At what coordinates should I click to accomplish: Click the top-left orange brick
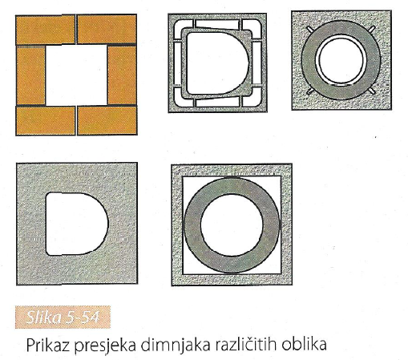tap(46, 30)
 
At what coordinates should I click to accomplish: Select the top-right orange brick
tap(107, 30)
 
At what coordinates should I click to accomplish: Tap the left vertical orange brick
tap(30, 75)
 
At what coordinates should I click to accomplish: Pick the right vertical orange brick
tap(122, 75)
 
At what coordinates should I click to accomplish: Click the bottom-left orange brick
tap(46, 120)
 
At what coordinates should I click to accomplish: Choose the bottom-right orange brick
tap(107, 120)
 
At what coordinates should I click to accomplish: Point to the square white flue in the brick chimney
tap(76, 75)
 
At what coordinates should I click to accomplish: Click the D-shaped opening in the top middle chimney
tap(216, 63)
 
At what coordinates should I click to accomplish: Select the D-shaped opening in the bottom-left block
tap(76, 224)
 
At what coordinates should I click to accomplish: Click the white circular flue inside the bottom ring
tap(232, 225)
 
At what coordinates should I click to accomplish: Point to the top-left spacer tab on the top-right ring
tap(310, 29)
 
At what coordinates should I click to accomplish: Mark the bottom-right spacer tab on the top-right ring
tap(372, 91)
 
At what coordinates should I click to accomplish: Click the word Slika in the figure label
tap(44, 318)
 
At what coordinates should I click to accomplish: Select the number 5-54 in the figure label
tap(83, 318)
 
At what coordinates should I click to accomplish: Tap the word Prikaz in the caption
tap(48, 345)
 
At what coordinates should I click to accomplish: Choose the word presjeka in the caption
tap(105, 346)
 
